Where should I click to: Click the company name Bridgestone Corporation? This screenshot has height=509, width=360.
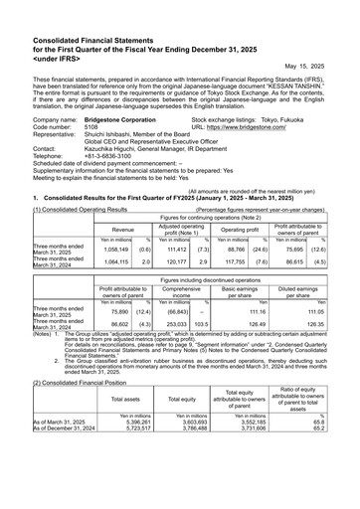[123, 119]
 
